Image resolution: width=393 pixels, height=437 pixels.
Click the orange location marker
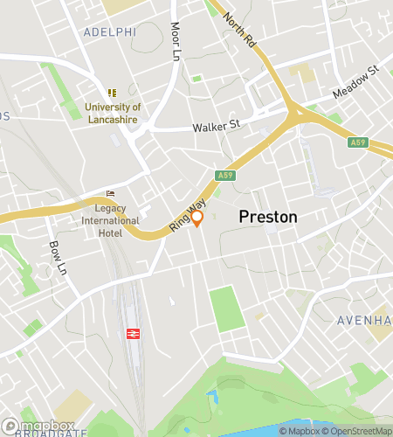[x=197, y=218]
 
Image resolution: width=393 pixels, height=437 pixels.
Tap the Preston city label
[x=268, y=217]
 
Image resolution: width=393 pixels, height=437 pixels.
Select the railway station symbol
[x=133, y=333]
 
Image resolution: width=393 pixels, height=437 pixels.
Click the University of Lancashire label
[x=113, y=114]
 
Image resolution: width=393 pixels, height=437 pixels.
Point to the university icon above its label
[x=112, y=92]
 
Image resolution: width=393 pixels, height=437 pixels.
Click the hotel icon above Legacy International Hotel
[x=110, y=193]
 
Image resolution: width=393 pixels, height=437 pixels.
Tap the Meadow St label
[x=356, y=80]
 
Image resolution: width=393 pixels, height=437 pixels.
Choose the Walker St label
[x=216, y=126]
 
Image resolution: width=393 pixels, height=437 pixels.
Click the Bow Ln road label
[x=58, y=257]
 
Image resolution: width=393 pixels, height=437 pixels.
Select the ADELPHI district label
[x=110, y=31]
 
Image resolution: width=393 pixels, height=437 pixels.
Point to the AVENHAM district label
[x=365, y=321]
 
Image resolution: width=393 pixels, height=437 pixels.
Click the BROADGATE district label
[x=51, y=432]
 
